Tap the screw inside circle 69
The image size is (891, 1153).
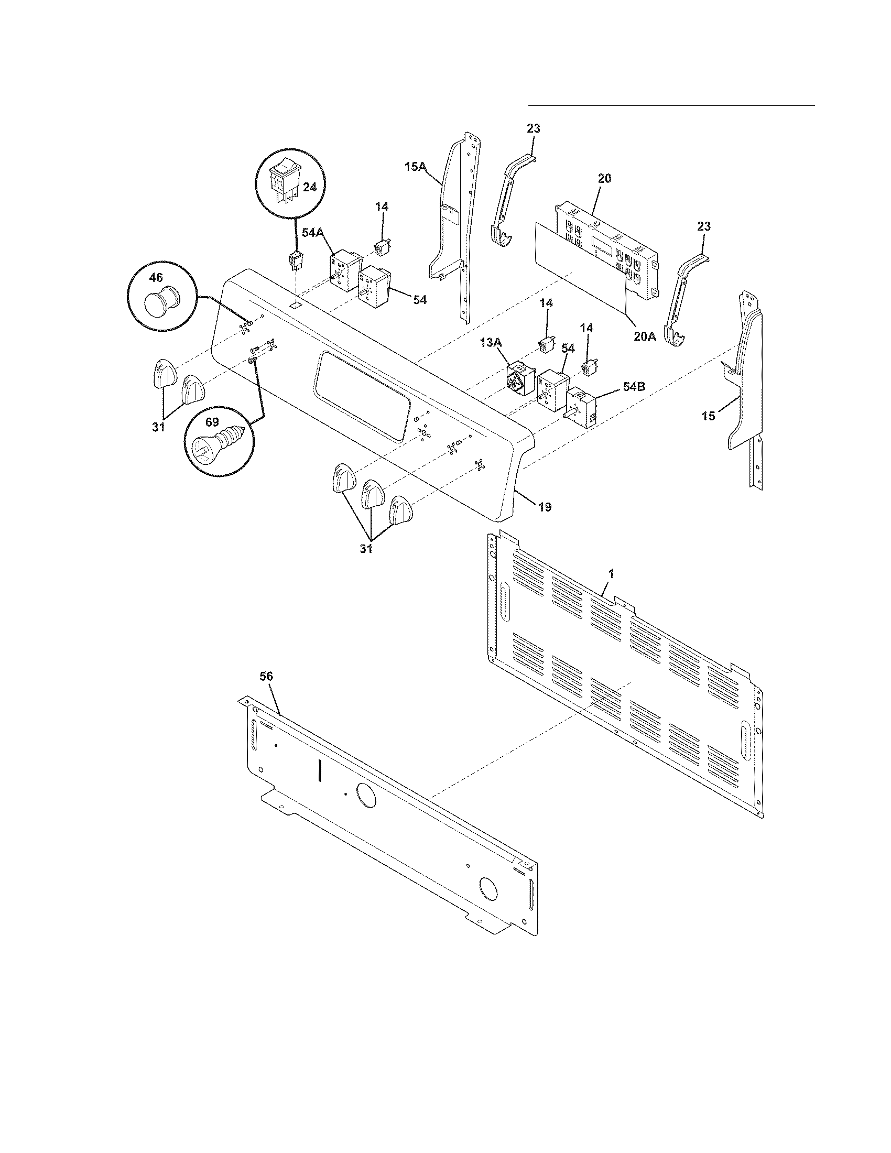[217, 440]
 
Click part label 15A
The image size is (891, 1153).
[415, 167]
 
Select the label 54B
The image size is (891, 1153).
[634, 386]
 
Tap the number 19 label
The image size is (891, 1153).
[545, 507]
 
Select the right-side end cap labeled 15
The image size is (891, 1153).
[747, 380]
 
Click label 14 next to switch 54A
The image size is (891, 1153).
[382, 207]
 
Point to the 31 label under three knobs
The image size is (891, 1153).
[366, 549]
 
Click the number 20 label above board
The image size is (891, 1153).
[604, 178]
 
